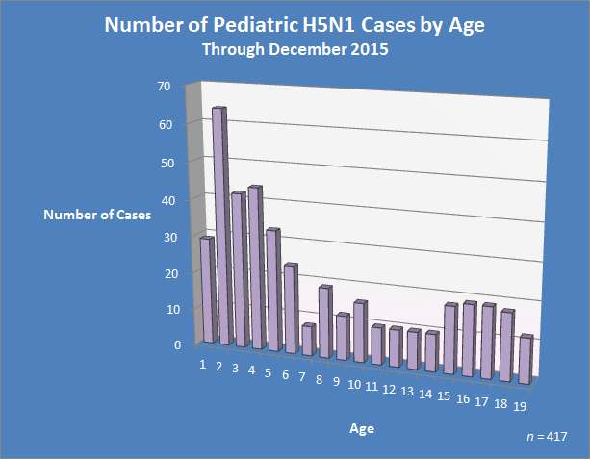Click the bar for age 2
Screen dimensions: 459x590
pyautogui.click(x=220, y=226)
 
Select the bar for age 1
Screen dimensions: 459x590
pyautogui.click(x=205, y=290)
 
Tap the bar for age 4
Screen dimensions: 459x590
pyautogui.click(x=255, y=268)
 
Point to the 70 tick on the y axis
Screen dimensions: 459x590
pyautogui.click(x=164, y=87)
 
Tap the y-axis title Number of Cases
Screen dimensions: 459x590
pyautogui.click(x=97, y=215)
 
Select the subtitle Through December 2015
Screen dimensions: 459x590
pyautogui.click(x=294, y=50)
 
